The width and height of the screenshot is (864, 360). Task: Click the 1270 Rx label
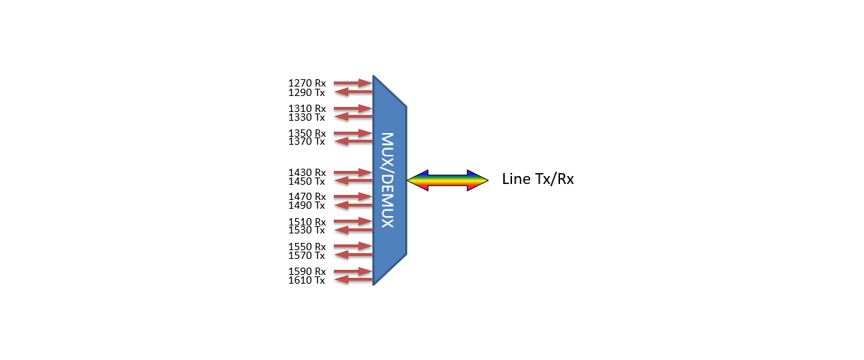tap(307, 84)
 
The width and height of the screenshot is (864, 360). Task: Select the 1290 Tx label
tap(307, 92)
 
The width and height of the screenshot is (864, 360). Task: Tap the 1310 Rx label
tap(307, 108)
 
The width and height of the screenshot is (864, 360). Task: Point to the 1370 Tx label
tap(307, 141)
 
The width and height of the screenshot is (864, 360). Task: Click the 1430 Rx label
tap(307, 172)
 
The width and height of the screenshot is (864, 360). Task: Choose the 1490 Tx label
tap(307, 205)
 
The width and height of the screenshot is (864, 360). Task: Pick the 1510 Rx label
tap(307, 222)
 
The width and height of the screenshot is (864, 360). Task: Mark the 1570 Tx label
tap(307, 255)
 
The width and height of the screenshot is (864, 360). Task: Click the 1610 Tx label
tap(307, 280)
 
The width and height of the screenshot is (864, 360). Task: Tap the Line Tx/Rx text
tap(538, 179)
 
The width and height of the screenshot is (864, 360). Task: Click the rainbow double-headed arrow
tap(447, 180)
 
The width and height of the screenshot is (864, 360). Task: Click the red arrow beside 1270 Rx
tap(353, 84)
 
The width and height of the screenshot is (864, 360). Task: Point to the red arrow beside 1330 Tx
tap(353, 117)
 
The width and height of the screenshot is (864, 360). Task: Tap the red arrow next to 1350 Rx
tap(353, 133)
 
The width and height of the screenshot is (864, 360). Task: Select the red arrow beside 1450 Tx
tap(353, 181)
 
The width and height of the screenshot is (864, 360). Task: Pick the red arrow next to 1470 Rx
tap(353, 196)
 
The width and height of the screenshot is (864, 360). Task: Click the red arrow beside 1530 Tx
tap(353, 230)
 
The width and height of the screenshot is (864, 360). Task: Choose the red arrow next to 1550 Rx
tap(353, 247)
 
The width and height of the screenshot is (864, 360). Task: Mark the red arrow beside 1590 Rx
tap(353, 271)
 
